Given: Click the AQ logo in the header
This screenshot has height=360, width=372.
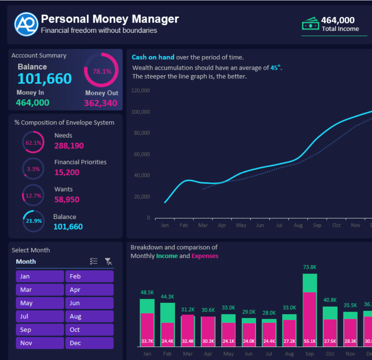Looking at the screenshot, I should click(x=26, y=24).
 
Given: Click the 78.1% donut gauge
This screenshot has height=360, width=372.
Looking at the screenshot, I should click(x=101, y=71).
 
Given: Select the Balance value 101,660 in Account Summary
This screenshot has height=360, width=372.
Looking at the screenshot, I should click(x=44, y=79).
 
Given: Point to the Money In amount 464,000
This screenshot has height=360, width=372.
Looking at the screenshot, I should click(x=33, y=103).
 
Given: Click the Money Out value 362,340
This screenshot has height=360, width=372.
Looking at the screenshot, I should click(x=101, y=103).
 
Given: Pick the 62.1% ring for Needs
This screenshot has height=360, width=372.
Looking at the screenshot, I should click(x=33, y=143).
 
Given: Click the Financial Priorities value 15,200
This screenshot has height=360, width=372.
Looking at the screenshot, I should click(x=67, y=173).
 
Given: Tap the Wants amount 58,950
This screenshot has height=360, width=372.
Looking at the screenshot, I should click(x=67, y=200).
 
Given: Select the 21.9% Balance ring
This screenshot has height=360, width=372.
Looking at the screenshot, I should click(x=33, y=221).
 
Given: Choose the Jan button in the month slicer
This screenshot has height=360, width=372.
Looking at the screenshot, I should click(x=40, y=277).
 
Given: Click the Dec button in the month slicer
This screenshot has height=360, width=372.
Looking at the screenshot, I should click(x=89, y=343).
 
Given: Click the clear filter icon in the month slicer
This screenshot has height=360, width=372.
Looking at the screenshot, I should click(x=108, y=261).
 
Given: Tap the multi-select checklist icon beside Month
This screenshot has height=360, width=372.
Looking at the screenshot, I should click(x=94, y=261).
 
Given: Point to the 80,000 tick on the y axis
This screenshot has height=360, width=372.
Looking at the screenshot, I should click(x=142, y=133).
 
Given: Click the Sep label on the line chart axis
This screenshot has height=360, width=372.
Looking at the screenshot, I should click(x=317, y=226).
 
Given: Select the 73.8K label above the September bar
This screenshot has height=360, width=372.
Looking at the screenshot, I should click(x=310, y=267).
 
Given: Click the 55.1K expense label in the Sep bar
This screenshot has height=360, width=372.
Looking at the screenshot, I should click(x=310, y=341).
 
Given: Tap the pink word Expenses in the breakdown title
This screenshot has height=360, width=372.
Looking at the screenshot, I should click(x=205, y=256).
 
